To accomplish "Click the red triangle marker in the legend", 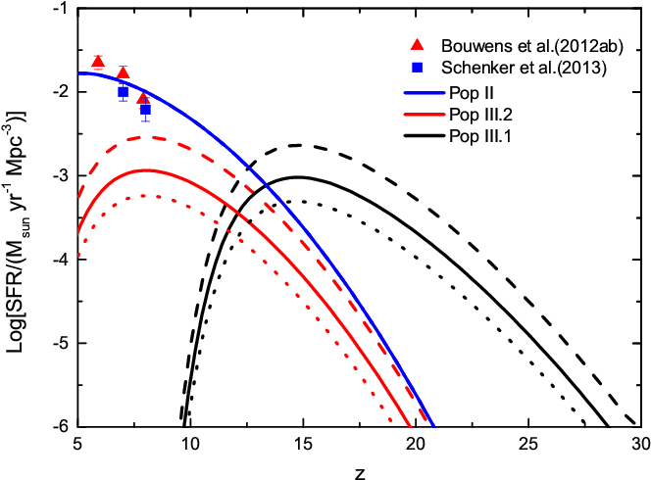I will [417, 44].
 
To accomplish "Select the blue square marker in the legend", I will [417, 68].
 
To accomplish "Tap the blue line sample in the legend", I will [425, 93].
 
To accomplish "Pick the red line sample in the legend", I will [425, 115].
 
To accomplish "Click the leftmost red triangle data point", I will [98, 63].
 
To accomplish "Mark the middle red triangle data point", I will [123, 72].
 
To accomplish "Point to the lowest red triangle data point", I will [143, 98].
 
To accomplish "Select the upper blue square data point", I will [124, 90].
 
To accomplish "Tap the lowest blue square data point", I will [146, 110].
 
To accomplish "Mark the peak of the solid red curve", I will [147, 170].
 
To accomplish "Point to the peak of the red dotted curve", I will [145, 196].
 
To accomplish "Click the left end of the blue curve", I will [79, 73].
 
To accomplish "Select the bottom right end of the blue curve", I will [434, 428].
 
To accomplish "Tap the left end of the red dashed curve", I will [78, 199].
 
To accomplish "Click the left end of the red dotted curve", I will [78, 257].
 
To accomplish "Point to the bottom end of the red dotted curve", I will [392, 423].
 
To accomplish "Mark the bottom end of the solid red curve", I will [411, 427].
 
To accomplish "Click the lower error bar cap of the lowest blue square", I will [146, 121].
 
